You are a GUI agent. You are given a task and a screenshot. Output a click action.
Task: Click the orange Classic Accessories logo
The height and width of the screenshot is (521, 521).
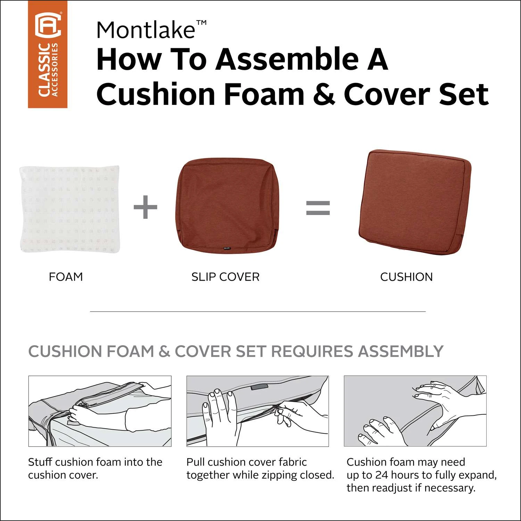tap(48, 54)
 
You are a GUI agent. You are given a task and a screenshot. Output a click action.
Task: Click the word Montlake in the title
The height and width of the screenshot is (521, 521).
tap(146, 30)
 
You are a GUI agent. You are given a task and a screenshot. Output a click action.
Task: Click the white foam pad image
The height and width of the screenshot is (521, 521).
tap(70, 209)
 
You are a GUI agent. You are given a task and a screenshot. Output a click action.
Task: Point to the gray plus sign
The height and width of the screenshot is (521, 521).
tap(146, 207)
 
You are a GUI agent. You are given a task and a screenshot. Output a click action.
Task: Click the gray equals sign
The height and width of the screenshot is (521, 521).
tap(318, 208)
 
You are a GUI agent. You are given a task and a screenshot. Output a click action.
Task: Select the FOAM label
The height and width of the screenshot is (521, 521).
tap(66, 277)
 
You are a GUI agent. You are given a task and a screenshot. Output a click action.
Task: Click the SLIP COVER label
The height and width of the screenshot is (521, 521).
tap(225, 277)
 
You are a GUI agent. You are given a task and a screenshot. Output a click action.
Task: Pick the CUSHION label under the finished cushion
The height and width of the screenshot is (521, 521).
tap(406, 277)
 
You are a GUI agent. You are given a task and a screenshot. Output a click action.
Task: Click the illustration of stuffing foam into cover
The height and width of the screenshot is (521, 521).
tap(100, 411)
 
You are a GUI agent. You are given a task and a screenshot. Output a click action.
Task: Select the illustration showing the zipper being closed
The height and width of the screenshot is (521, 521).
tap(258, 411)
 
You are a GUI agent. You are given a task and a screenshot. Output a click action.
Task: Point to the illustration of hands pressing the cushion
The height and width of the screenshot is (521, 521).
tap(415, 411)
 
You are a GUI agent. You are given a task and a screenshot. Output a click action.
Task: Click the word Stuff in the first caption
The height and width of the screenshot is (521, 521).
tap(40, 462)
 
